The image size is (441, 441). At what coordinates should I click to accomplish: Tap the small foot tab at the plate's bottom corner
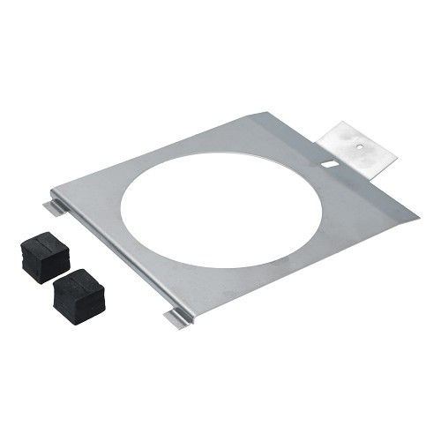[x=176, y=317]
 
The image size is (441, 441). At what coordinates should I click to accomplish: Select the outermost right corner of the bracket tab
[x=396, y=161]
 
